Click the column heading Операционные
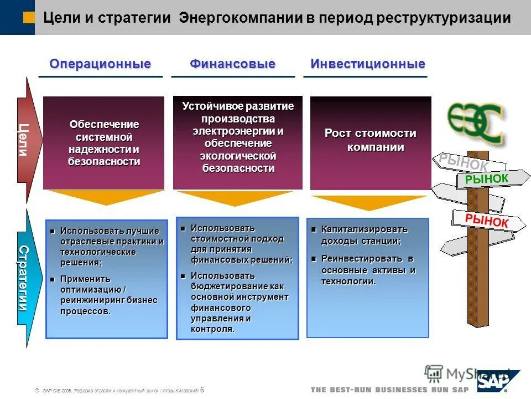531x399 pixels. point(100,64)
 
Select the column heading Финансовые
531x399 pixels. point(232,64)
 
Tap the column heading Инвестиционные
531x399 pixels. point(368,64)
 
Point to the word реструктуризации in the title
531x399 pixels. point(444,18)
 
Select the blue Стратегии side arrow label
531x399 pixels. point(23,278)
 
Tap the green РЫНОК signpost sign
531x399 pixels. point(487,179)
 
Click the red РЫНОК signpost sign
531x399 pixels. point(487,220)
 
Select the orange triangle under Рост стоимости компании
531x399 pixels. point(369,202)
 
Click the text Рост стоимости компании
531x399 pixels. point(371,140)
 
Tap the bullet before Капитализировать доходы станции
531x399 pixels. point(314,229)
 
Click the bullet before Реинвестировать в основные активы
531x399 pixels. point(314,259)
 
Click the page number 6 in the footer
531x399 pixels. point(202,389)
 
